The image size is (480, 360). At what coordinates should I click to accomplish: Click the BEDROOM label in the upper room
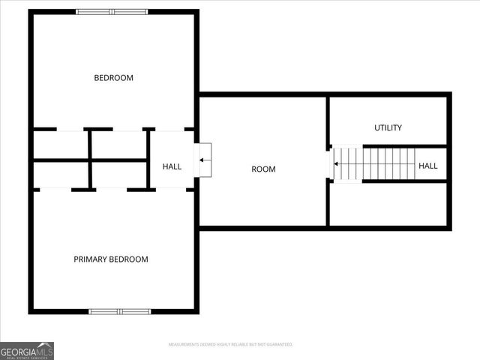(x=113, y=78)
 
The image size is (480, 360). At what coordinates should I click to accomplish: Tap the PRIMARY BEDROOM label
(x=111, y=259)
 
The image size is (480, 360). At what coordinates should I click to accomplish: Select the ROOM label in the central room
(x=263, y=169)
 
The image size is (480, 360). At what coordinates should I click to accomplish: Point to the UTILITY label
(x=388, y=128)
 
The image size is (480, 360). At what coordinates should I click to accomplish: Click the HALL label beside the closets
(x=172, y=166)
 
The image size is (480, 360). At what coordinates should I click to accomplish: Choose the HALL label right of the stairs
(x=427, y=166)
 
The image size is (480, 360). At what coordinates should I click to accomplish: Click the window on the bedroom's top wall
(x=112, y=12)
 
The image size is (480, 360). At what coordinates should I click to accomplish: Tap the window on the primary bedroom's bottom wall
(x=120, y=311)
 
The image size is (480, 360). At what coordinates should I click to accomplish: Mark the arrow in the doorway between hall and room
(x=205, y=160)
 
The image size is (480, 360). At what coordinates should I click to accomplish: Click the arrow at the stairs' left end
(x=337, y=163)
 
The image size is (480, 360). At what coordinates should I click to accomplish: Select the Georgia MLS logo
(x=27, y=350)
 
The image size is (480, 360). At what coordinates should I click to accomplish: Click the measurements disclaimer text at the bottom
(x=229, y=344)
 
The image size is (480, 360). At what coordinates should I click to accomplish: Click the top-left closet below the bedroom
(x=61, y=144)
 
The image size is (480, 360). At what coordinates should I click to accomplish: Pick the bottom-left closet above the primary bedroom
(x=61, y=174)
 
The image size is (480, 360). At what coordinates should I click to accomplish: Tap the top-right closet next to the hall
(x=118, y=144)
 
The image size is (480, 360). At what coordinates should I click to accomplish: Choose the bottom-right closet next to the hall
(x=118, y=174)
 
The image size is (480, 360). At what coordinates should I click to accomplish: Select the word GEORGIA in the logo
(x=18, y=350)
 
